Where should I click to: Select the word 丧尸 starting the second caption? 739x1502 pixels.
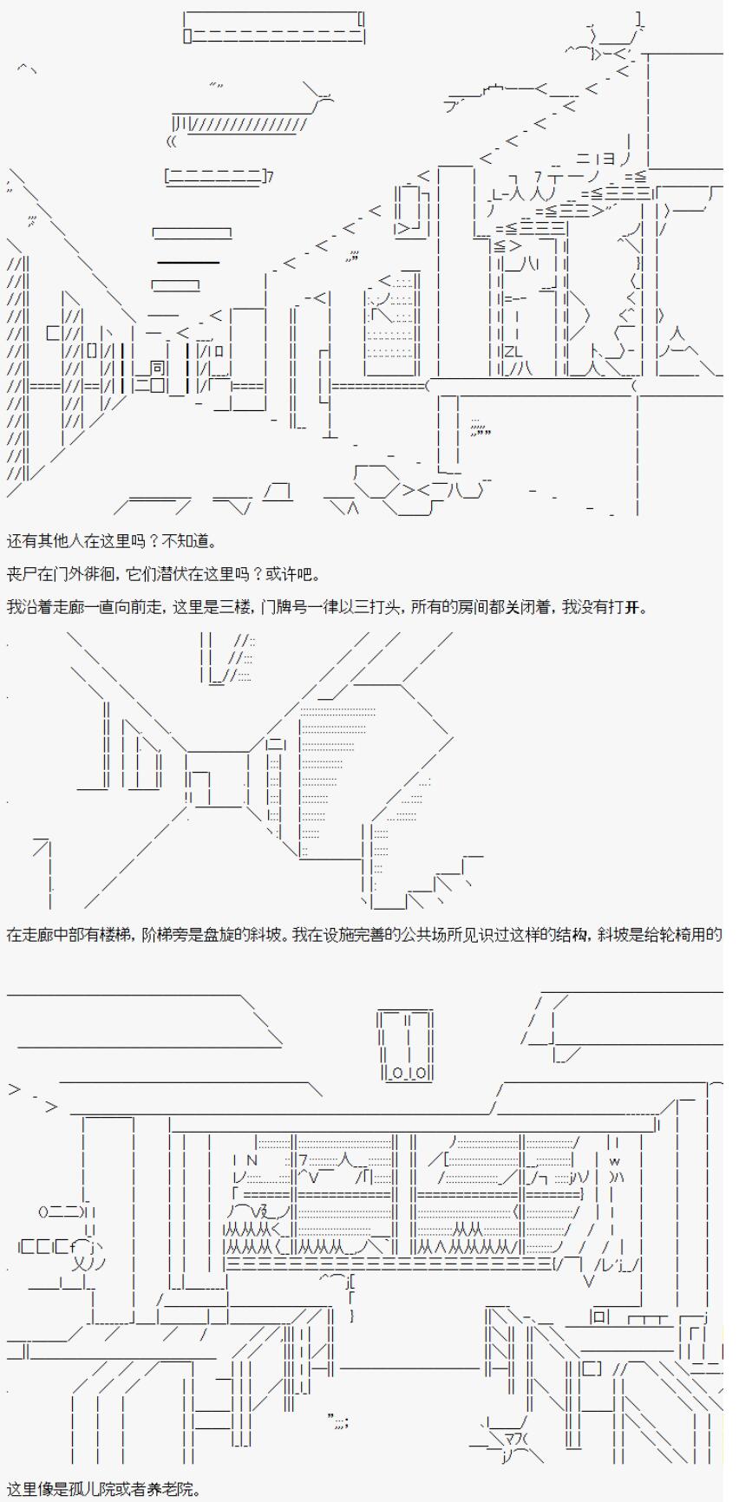[x=18, y=574]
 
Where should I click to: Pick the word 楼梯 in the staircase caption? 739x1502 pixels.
[x=105, y=935]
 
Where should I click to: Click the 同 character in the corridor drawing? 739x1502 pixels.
[x=156, y=367]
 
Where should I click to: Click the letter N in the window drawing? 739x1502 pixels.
[x=252, y=1160]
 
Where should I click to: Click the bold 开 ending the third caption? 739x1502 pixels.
[x=642, y=607]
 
